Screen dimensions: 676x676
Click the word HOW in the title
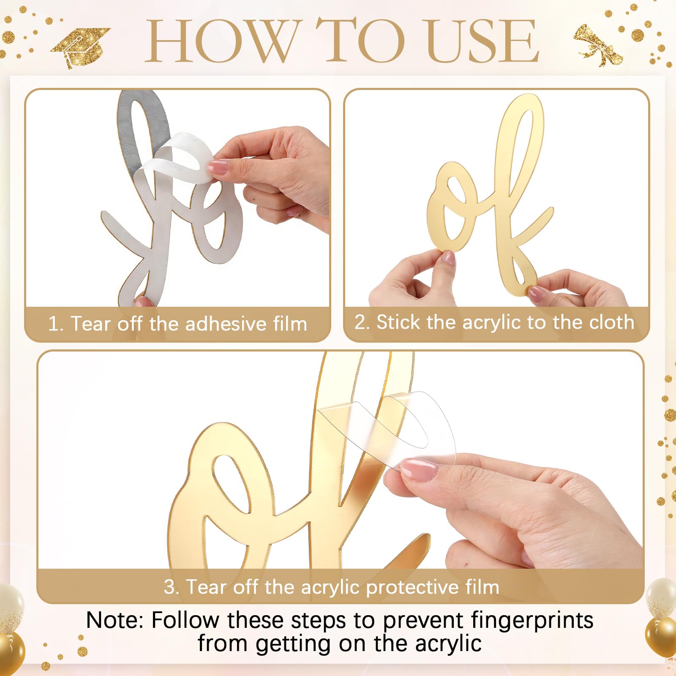pos(222,41)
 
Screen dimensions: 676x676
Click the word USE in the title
pos(482,41)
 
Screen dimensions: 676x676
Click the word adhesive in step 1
pos(226,324)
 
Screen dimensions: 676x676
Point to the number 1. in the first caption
pos(55,324)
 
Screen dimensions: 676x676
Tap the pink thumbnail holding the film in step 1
pos(218,167)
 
